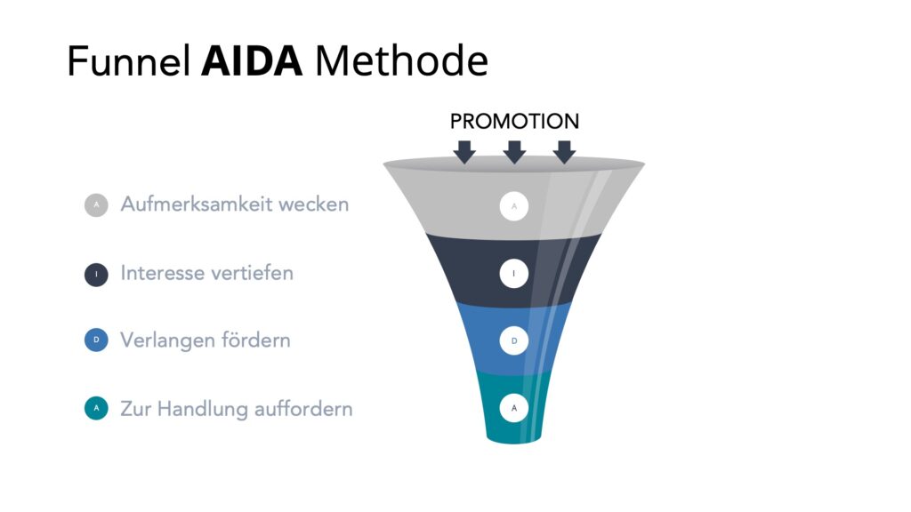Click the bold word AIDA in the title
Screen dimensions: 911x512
(252, 61)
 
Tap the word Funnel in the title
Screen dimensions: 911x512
(129, 60)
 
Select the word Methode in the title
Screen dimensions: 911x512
(401, 60)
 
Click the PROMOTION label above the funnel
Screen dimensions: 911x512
(514, 121)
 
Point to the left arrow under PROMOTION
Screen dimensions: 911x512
(464, 152)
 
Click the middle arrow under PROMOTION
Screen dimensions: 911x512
(514, 152)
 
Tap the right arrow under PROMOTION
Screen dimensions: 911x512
(564, 152)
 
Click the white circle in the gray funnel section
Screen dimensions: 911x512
(514, 206)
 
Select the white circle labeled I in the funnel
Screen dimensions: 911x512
(514, 274)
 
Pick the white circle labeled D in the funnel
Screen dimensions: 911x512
(514, 340)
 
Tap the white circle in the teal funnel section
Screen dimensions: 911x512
(514, 408)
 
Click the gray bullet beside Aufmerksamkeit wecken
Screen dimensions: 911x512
(96, 205)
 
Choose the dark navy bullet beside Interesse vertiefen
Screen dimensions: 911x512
(96, 274)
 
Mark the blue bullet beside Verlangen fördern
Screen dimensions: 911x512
(96, 340)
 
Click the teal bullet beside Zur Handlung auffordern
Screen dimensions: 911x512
(96, 408)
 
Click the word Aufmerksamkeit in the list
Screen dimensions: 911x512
(197, 204)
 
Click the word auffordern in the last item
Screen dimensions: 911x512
(303, 409)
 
